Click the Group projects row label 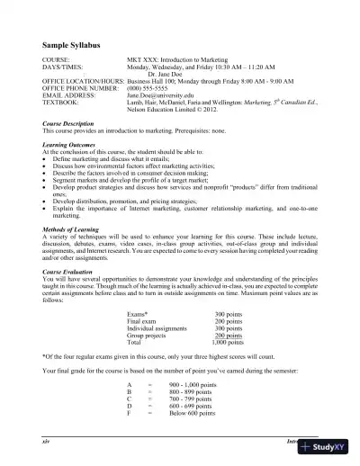coord(148,335)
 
